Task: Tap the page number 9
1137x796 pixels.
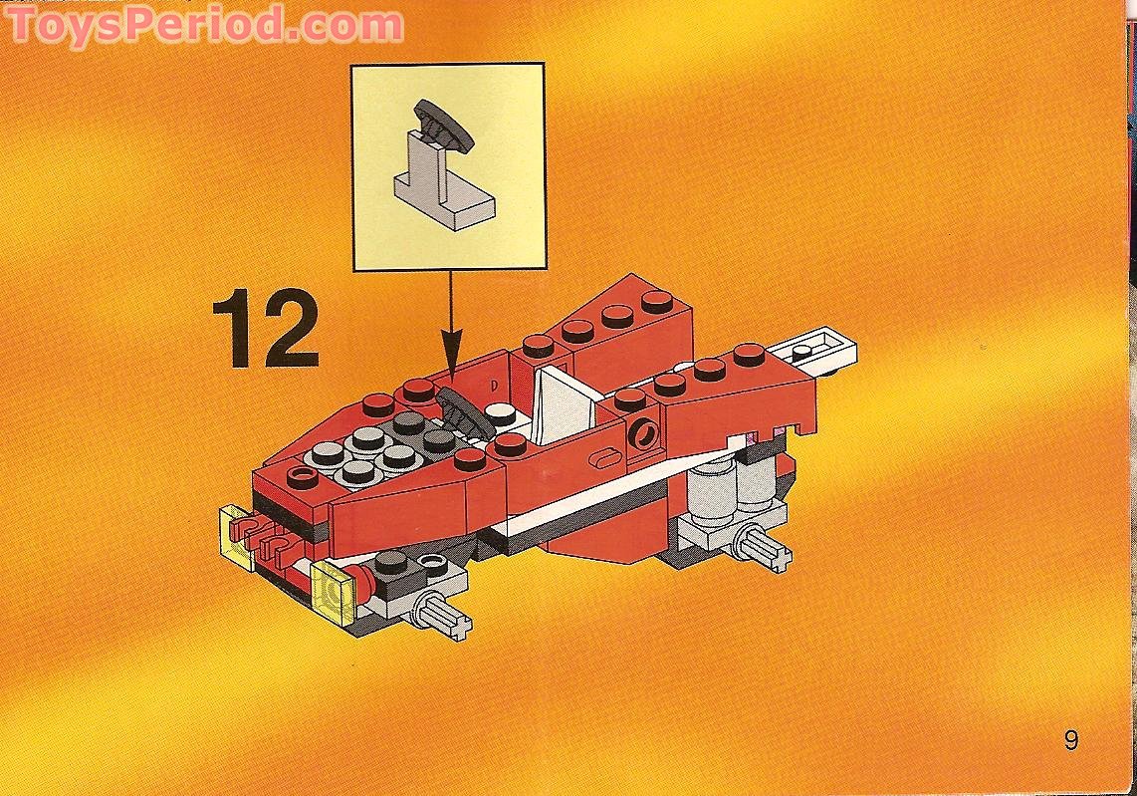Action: (1070, 741)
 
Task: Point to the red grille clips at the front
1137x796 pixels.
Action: (262, 541)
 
